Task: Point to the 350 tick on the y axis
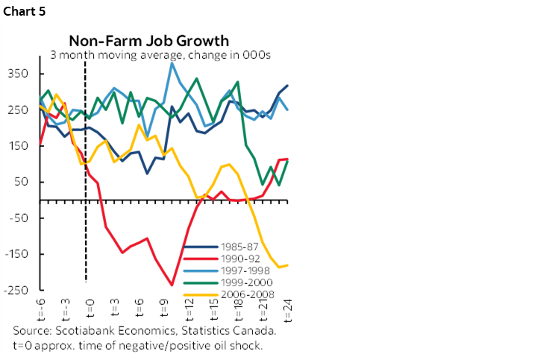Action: (x=19, y=74)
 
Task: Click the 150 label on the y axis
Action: (x=19, y=146)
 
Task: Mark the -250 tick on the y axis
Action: (x=16, y=290)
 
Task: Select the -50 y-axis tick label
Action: (x=19, y=218)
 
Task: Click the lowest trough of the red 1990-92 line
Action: (x=172, y=285)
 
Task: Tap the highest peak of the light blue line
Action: (x=172, y=63)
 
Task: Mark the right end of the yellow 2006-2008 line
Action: (x=288, y=265)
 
